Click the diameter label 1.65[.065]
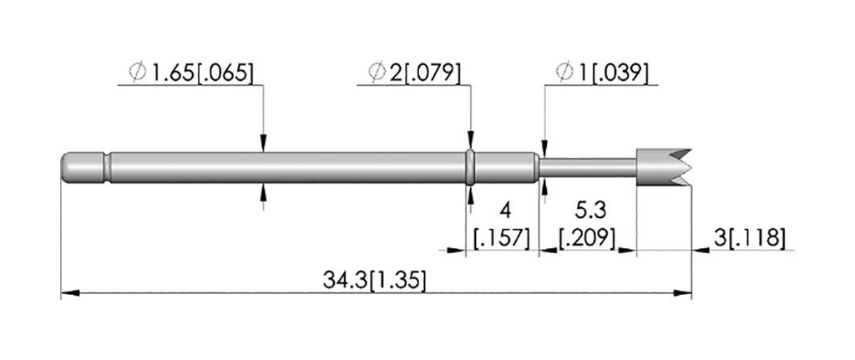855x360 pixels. tap(201, 74)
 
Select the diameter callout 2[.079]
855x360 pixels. tap(424, 74)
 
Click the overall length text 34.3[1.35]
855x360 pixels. tap(373, 281)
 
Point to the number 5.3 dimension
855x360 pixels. tap(589, 210)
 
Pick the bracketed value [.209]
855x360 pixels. tap(588, 238)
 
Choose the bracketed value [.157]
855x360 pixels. tap(502, 238)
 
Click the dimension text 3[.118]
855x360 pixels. tap(749, 238)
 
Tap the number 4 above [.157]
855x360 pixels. tap(505, 210)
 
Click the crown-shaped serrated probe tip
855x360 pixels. tap(663, 167)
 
